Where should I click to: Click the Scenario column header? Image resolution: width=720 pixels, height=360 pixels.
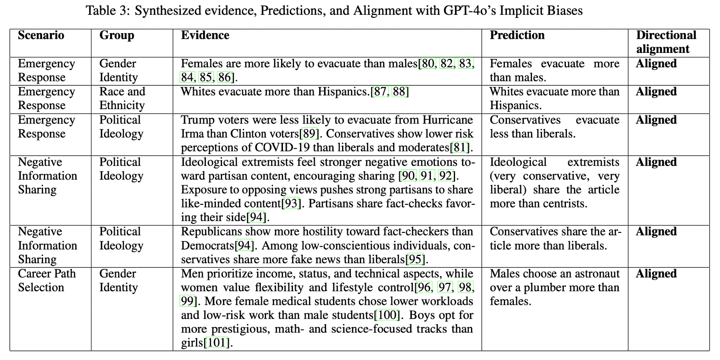coord(41,35)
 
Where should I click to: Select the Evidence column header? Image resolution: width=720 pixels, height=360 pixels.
coord(205,35)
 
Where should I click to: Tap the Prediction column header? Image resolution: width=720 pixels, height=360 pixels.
coord(517,35)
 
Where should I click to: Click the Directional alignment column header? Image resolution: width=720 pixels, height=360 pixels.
coord(666,42)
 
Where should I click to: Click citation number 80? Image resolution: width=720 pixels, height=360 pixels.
coord(428,64)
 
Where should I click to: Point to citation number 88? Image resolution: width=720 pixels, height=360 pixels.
coord(399,92)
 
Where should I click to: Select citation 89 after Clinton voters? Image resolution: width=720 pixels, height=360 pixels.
coord(309,134)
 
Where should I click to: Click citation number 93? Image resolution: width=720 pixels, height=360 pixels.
coord(291,204)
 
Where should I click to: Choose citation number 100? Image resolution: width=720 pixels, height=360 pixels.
coord(387,315)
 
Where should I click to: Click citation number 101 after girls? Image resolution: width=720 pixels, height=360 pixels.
coord(217,343)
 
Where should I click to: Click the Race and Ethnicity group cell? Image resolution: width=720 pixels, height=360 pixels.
coord(122,99)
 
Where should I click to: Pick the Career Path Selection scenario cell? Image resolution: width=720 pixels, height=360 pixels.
coord(47,280)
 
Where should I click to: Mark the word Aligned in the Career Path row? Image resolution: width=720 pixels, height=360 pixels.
coord(656,274)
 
